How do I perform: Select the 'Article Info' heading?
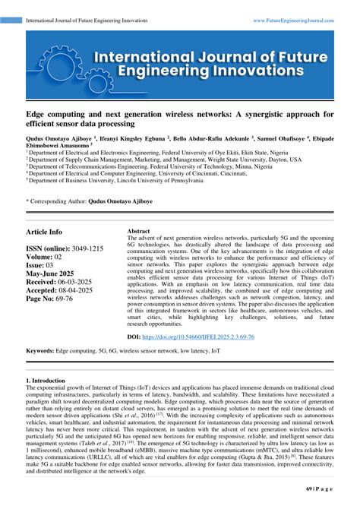(x=45, y=231)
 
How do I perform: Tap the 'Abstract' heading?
(x=138, y=230)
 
